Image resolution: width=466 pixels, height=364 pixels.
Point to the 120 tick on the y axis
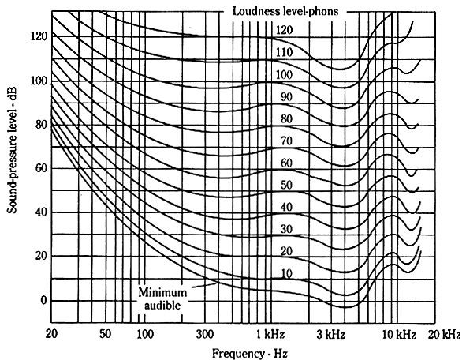tap(37, 37)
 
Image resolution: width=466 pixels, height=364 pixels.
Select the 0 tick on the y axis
tap(43, 301)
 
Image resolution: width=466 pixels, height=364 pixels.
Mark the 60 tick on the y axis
tap(40, 169)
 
